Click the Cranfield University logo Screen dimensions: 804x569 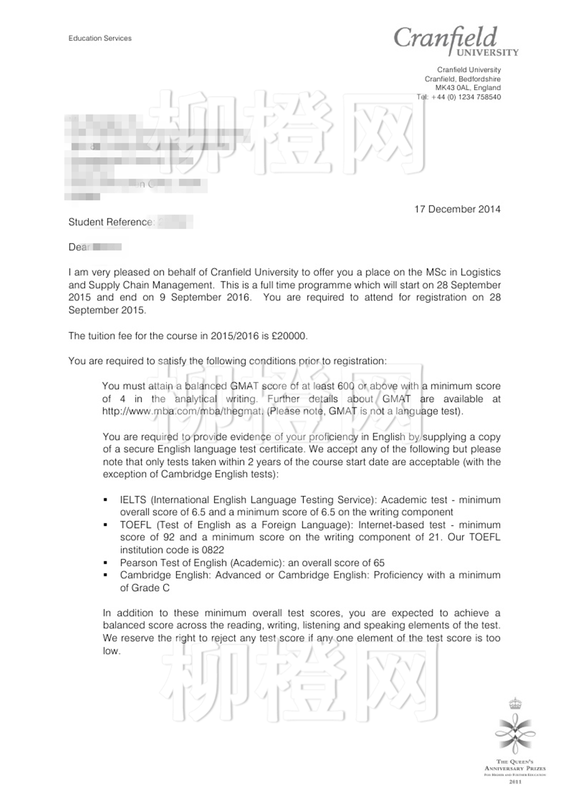coord(456,41)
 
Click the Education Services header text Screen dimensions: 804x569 coord(100,38)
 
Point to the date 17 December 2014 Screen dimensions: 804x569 coord(457,209)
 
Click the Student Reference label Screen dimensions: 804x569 coord(111,222)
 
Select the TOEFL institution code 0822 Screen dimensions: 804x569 coord(213,550)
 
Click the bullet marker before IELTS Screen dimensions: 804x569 coord(106,500)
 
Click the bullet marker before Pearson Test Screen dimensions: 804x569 coord(106,563)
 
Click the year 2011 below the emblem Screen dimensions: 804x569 coord(515,782)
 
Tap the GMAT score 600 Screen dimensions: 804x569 coord(346,386)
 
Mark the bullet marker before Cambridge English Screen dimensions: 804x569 coord(106,575)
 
